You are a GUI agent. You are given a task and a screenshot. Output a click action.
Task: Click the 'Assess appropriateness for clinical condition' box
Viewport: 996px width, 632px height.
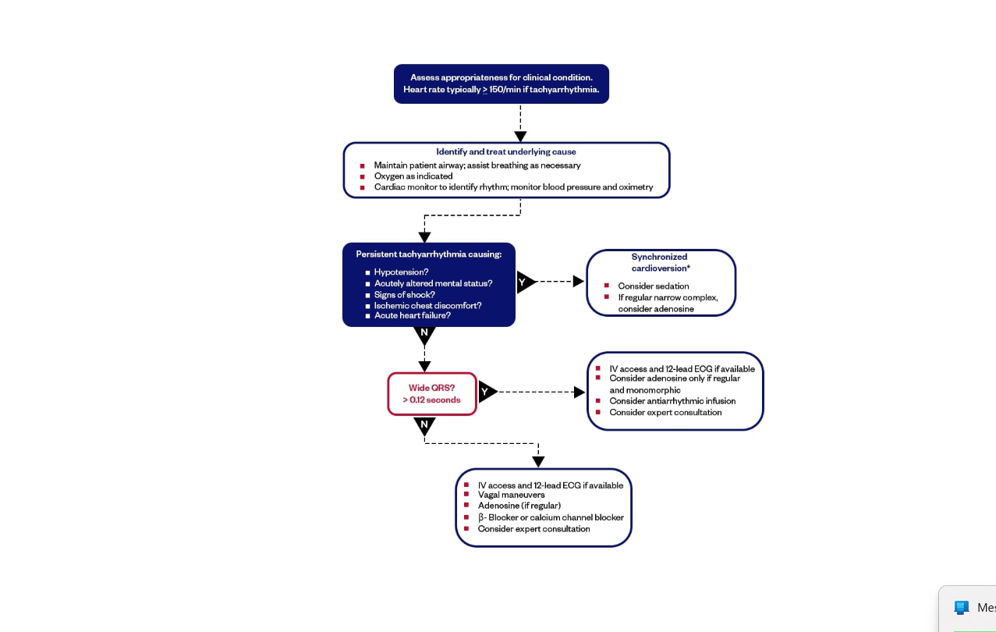tap(501, 83)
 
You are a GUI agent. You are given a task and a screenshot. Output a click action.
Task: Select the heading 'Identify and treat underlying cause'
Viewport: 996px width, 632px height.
tap(505, 151)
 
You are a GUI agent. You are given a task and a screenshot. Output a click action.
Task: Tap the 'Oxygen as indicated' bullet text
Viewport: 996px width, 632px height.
tap(413, 176)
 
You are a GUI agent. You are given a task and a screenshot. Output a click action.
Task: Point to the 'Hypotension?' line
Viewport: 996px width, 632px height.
tap(401, 272)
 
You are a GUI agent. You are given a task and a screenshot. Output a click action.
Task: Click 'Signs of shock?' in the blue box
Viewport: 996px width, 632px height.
tap(404, 295)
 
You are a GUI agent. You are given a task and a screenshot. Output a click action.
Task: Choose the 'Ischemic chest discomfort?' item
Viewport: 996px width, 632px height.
tap(427, 306)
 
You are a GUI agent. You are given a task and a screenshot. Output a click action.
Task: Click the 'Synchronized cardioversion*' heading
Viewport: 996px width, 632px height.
tap(660, 262)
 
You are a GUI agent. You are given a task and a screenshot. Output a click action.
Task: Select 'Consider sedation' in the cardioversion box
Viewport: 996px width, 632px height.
tap(653, 286)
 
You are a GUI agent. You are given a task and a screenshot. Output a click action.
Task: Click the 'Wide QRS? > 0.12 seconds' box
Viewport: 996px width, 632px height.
tap(431, 394)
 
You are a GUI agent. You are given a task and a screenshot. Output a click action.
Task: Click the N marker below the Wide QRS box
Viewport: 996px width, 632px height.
tap(424, 425)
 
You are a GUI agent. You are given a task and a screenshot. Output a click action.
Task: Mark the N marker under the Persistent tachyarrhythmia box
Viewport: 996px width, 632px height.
tap(424, 333)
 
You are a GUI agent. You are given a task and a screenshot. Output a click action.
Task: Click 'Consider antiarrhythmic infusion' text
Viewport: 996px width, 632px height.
tap(672, 401)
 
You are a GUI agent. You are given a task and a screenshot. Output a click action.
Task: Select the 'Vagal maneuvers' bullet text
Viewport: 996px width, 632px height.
tap(511, 495)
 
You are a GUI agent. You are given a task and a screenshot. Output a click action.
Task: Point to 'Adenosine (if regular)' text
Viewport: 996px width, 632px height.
tap(519, 506)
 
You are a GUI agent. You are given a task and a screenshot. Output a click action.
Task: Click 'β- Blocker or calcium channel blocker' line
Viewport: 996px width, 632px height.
tap(551, 517)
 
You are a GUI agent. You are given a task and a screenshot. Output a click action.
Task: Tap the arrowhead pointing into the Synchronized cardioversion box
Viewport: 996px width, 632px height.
tap(579, 282)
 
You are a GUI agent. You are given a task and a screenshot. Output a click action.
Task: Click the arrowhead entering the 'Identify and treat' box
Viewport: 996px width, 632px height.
tap(520, 137)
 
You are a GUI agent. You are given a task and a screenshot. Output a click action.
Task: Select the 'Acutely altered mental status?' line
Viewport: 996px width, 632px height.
tap(433, 284)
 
